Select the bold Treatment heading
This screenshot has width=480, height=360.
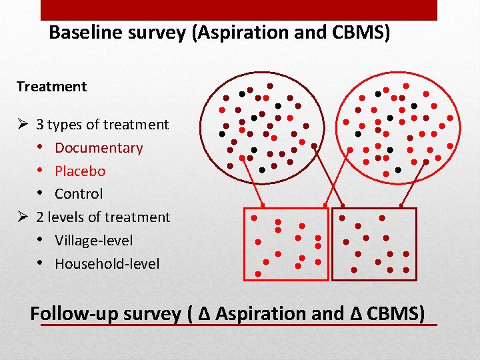point(51,87)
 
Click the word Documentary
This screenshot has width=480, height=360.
point(99,148)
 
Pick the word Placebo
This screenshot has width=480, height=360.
point(80,171)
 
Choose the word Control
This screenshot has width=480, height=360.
point(79,194)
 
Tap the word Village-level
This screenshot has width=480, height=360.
point(93,241)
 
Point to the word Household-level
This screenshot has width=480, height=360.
point(107,264)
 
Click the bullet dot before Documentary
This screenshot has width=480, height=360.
point(41,147)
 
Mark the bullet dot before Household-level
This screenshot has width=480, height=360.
point(41,263)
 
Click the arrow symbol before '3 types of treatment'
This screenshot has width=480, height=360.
point(22,125)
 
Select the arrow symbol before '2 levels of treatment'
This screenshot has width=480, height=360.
point(22,217)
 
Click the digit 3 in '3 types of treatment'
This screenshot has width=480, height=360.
point(41,125)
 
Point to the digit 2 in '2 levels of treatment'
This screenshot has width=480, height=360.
point(41,217)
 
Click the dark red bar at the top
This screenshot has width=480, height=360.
point(239,9)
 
